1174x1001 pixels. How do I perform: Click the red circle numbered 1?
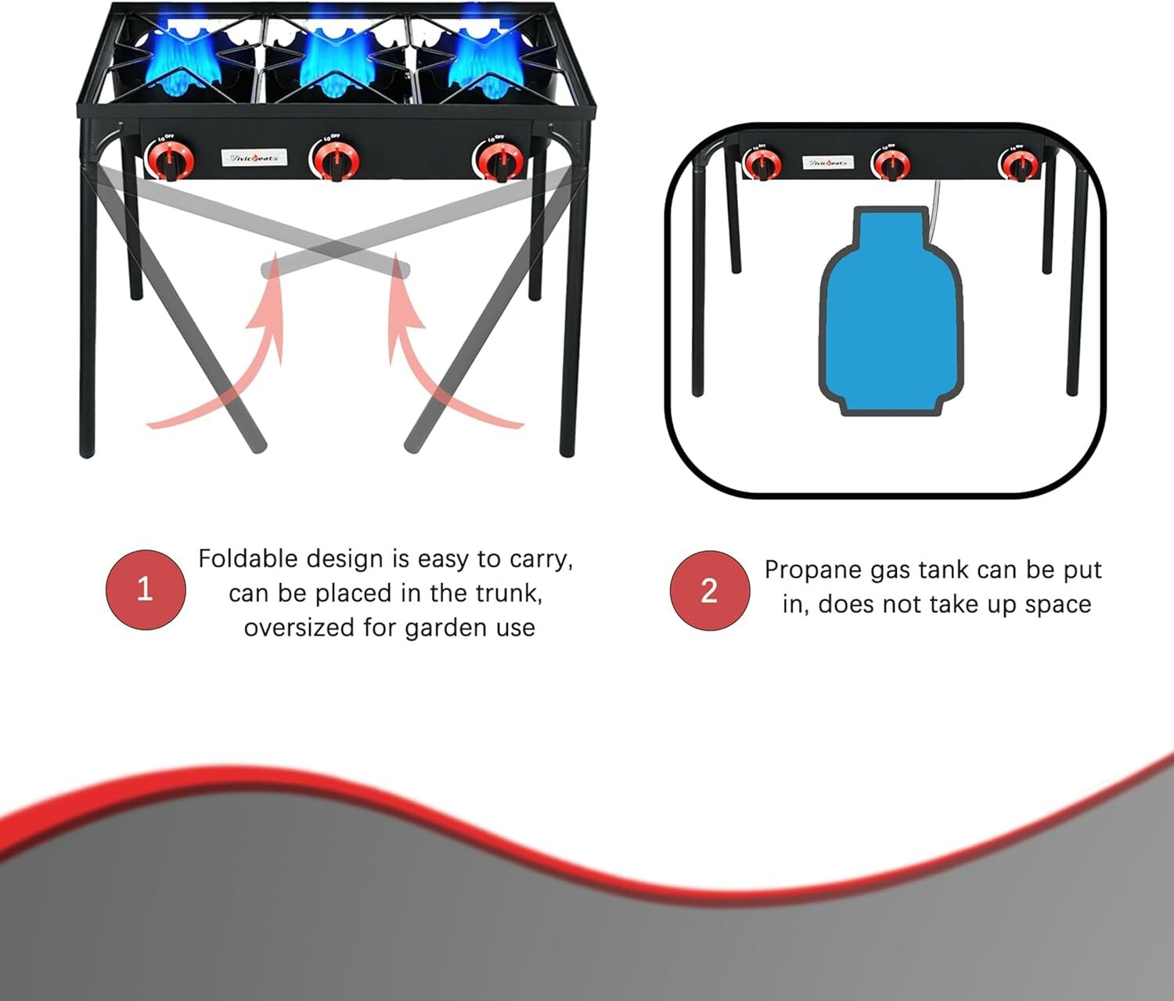click(146, 589)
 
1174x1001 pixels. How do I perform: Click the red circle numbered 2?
click(709, 589)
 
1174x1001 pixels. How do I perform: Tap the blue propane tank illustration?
click(891, 313)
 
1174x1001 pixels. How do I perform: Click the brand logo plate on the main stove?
click(254, 158)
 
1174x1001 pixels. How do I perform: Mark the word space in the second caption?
click(1057, 605)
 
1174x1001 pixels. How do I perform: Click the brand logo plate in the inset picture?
click(828, 163)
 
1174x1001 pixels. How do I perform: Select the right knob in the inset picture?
click(1018, 165)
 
